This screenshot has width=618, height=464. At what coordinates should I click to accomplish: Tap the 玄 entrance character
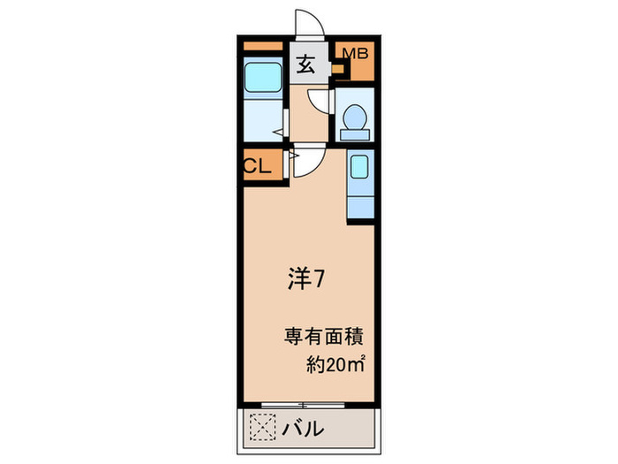tap(305, 65)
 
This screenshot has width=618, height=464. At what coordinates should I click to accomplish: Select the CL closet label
tap(257, 165)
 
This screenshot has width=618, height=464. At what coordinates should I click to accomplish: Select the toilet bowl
tap(356, 117)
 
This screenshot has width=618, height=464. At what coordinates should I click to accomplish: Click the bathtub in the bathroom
tap(261, 80)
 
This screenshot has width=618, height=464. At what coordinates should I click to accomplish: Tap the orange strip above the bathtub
tap(261, 46)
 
